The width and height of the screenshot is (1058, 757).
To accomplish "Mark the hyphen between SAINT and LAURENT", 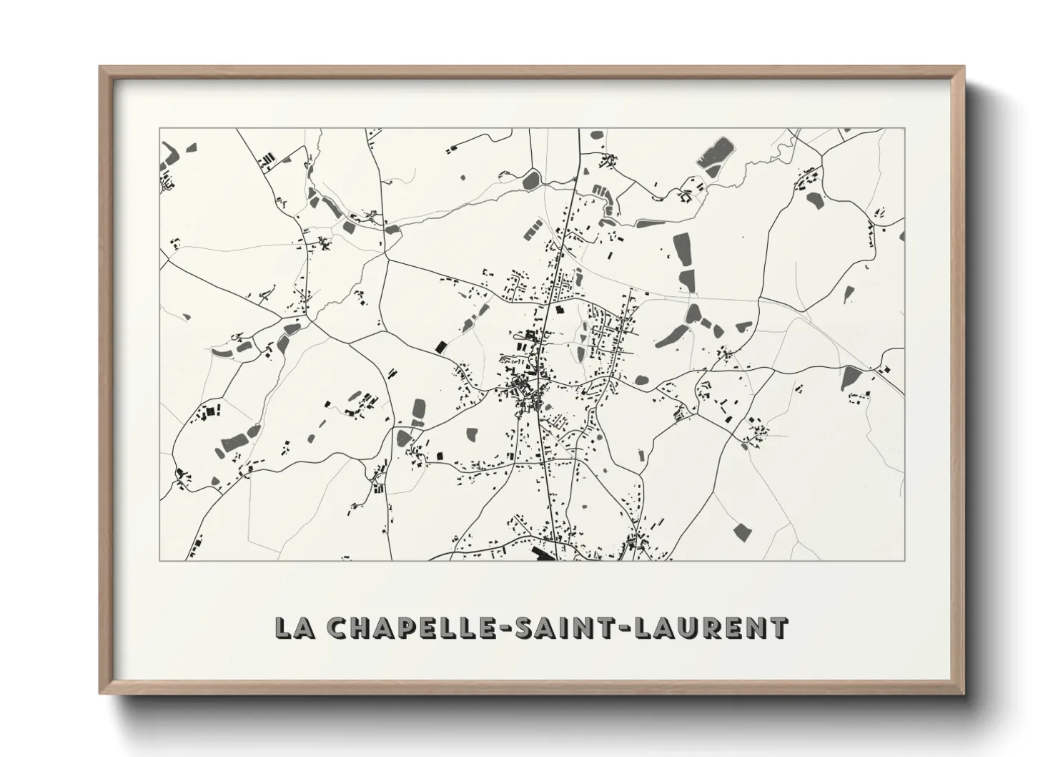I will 608,628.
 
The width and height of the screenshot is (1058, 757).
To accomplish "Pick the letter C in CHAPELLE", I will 337,627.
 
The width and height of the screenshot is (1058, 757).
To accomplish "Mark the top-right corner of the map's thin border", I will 905,129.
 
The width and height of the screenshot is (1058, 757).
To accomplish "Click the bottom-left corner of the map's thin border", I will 160,560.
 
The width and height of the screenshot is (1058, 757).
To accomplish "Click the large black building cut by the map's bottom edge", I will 545,554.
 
